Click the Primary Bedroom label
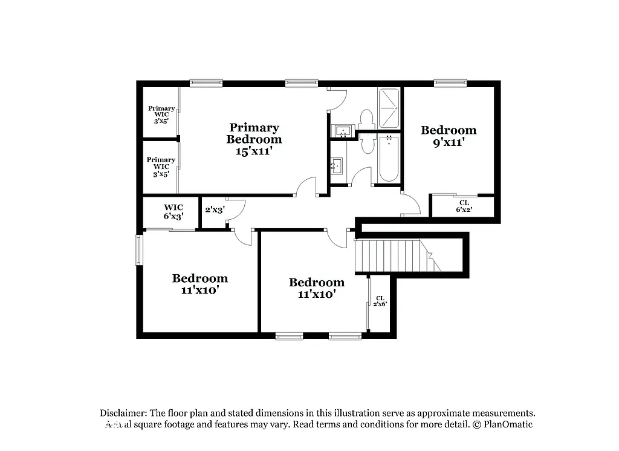tap(254, 133)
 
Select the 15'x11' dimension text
tap(254, 151)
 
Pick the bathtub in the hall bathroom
tap(389, 158)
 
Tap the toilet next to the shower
tap(366, 118)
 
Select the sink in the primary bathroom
tap(343, 130)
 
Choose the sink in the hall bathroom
tap(338, 164)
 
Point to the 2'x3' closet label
tap(215, 210)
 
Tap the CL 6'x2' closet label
tap(464, 206)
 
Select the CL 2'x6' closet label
tap(380, 301)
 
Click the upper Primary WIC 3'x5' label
tap(161, 114)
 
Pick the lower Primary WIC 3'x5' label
tap(161, 166)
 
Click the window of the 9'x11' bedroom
tap(450, 84)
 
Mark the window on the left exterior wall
tap(139, 250)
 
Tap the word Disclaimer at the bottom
tap(123, 412)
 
